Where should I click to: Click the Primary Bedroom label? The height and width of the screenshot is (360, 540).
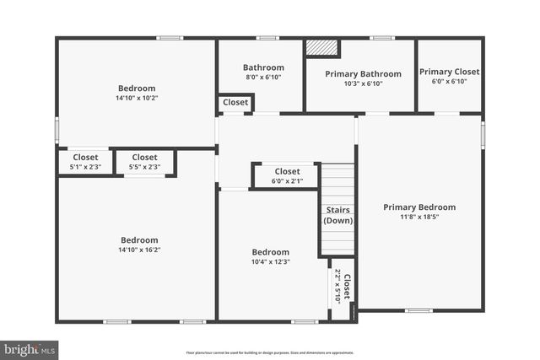pos(419,207)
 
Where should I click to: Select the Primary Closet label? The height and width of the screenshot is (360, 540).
pos(448,72)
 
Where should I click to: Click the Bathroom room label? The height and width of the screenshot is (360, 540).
pos(262,67)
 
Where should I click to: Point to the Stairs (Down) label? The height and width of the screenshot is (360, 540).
pos(337,215)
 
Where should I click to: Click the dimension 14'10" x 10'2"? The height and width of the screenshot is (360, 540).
pos(137,98)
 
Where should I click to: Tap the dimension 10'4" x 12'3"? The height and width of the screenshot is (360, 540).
pos(271,261)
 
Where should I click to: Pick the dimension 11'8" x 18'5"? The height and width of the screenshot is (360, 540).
pos(419,217)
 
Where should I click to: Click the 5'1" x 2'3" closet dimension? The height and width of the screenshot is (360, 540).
pos(85,167)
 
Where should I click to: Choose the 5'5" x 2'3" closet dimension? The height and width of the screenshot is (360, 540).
pos(144,167)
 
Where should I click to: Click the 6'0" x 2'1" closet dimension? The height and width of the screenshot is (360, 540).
pos(287,181)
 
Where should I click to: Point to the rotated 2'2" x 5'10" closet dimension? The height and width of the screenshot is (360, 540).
pos(338,285)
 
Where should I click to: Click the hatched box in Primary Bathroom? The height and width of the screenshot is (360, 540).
pos(321,48)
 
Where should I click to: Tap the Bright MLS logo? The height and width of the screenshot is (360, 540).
pos(30,347)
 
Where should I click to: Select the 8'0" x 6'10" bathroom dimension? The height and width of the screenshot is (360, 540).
pos(262,77)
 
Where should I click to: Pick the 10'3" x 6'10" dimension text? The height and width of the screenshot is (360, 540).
pos(363,83)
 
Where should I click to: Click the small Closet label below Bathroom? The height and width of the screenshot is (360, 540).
pos(236,103)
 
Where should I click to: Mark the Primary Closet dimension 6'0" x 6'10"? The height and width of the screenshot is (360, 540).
pos(448,81)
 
